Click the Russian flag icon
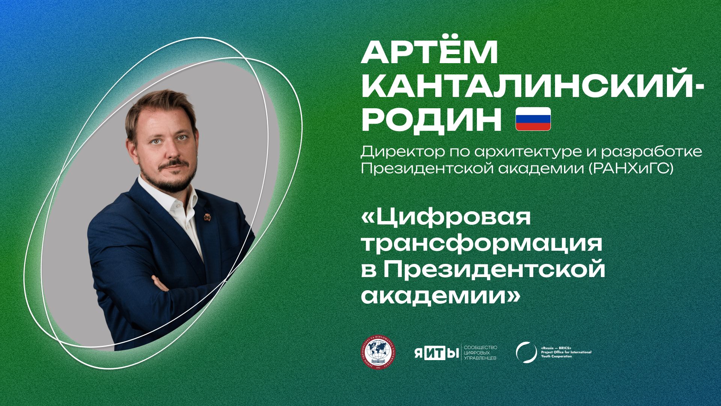(x=533, y=119)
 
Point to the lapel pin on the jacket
(x=206, y=217)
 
